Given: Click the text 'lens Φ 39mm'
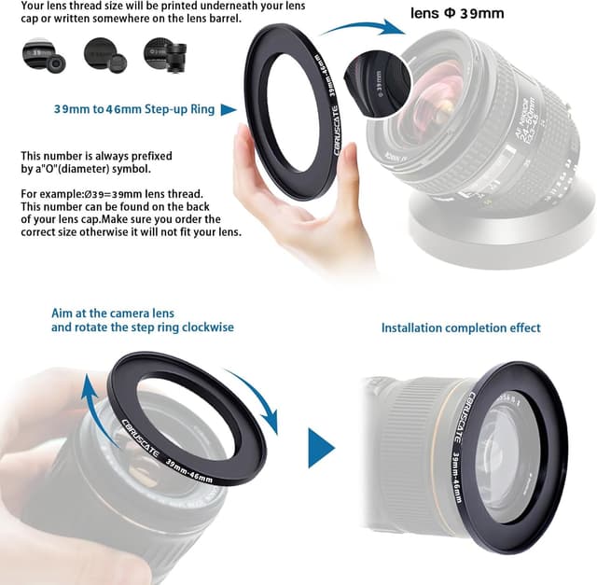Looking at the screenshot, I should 457,14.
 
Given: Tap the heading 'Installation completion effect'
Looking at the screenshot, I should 461,327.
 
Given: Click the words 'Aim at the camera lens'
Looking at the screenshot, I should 113,313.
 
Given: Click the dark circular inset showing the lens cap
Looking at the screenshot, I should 379,77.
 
